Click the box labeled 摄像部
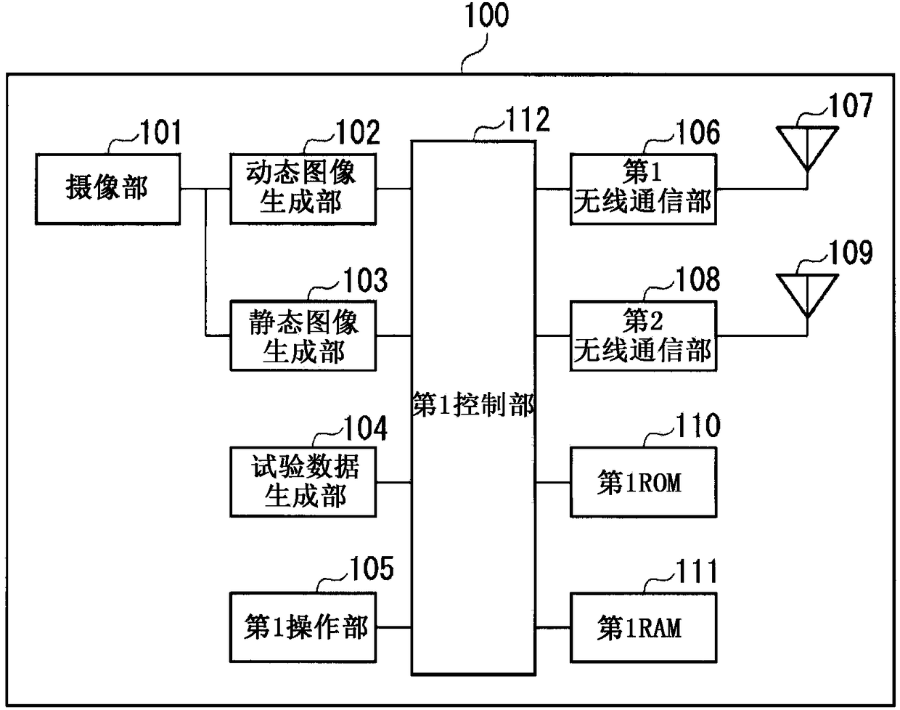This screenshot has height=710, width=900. coord(108,189)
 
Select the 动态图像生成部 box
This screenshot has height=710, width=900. coord(303,189)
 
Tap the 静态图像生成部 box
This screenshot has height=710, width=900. coord(303,335)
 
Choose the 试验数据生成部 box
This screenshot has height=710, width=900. coord(303,482)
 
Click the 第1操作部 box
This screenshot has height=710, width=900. coord(303,627)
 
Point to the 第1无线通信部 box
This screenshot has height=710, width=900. coord(643,189)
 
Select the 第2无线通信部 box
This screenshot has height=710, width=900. coord(643,335)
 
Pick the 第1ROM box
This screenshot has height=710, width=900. coord(643,482)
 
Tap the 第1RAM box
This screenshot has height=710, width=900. coord(643,627)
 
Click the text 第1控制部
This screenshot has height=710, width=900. coord(473,404)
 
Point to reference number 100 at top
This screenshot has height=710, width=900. coord(487,15)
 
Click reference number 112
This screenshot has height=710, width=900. coord(528,119)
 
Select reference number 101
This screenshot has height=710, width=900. coord(161,132)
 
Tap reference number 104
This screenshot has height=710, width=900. coord(366,428)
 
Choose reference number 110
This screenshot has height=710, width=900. coord(698,425)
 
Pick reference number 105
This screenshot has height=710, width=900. coord(372,568)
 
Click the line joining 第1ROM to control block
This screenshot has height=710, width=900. coord(553,482)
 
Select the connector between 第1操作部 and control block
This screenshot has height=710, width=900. coord(393,627)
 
